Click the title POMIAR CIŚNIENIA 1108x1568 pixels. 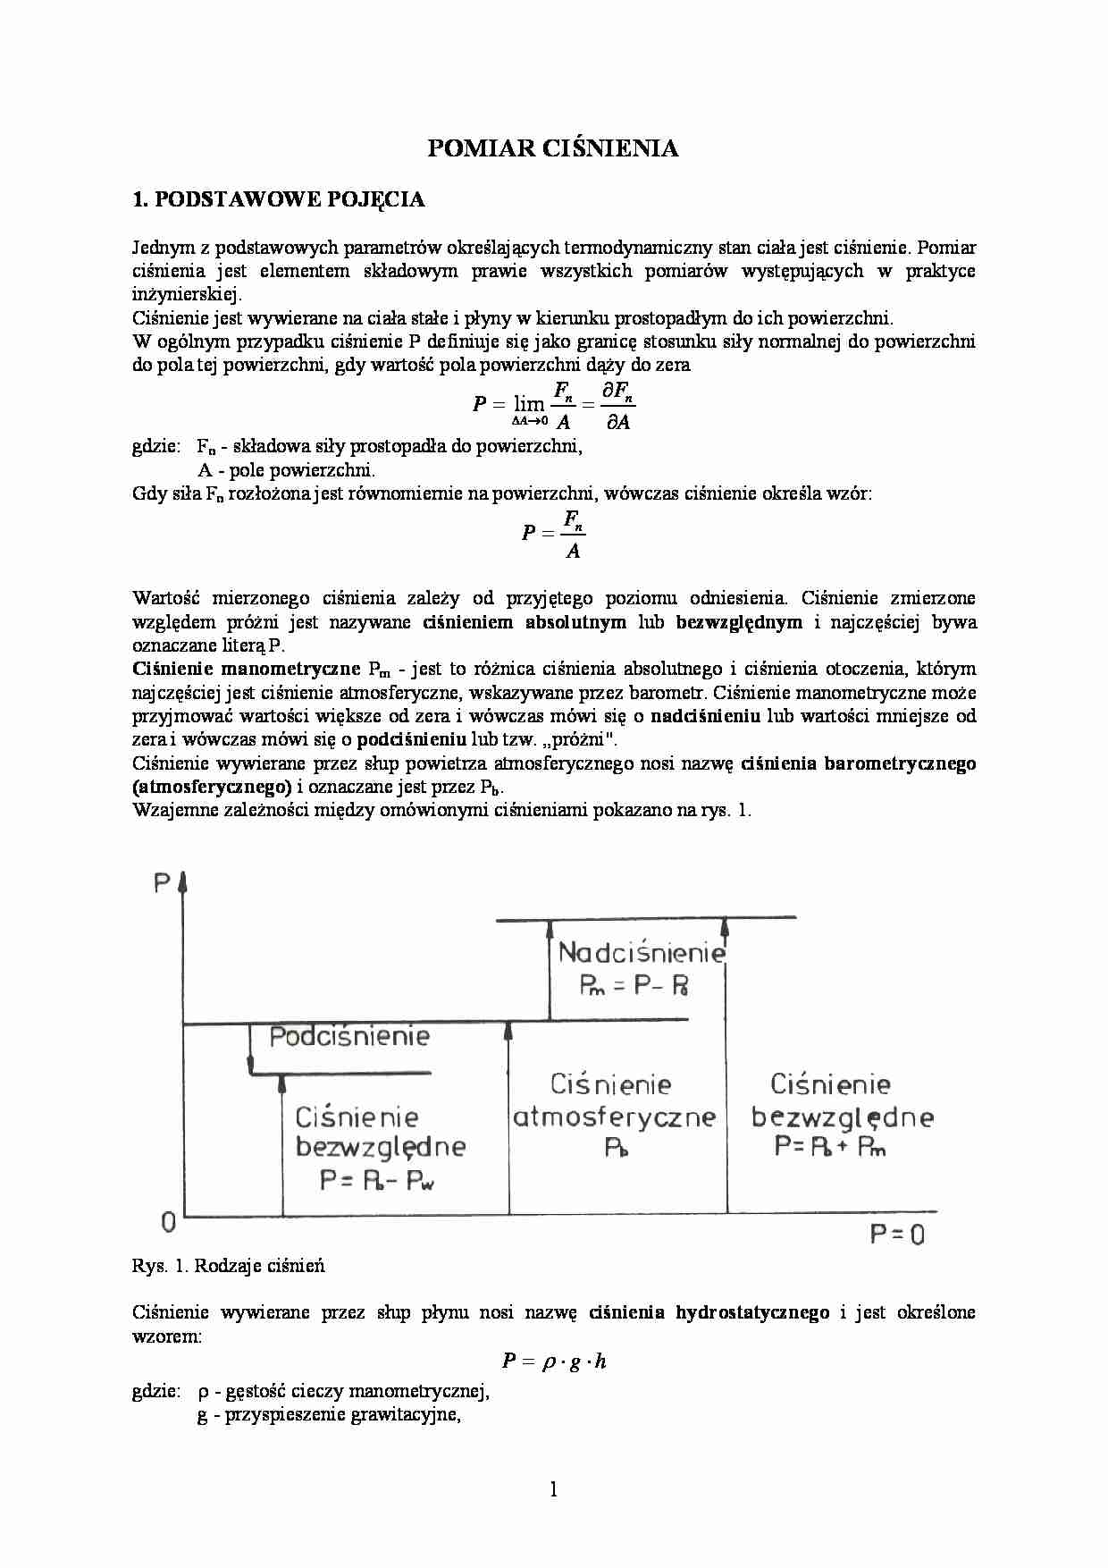tap(552, 148)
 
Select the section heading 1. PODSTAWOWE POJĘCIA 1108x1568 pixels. tap(278, 199)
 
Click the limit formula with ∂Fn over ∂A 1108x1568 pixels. tap(554, 405)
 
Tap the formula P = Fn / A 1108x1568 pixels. tap(554, 534)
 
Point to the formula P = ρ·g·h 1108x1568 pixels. tap(554, 1361)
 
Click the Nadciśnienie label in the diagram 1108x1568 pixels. tap(641, 953)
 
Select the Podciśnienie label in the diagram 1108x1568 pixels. tap(349, 1037)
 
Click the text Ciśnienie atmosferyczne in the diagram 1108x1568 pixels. tap(614, 1101)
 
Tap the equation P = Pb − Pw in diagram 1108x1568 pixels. tap(378, 1181)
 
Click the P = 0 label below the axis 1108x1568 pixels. tap(897, 1235)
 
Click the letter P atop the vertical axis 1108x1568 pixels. tap(162, 884)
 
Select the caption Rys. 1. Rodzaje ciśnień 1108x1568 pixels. tap(228, 1266)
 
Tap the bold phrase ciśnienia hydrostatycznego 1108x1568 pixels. tap(709, 1313)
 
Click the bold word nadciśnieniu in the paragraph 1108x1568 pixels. tap(705, 716)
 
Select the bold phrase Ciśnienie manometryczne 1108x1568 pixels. tap(246, 669)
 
